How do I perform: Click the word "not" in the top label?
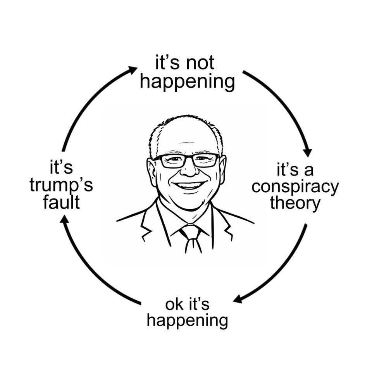click(x=200, y=63)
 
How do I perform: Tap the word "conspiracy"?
click(x=295, y=187)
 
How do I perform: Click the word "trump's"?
click(x=61, y=186)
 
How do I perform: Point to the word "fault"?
click(x=61, y=203)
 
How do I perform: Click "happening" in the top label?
click(x=188, y=82)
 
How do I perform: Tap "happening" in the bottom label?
click(x=188, y=320)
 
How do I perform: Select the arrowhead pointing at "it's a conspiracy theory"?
click(x=308, y=153)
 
